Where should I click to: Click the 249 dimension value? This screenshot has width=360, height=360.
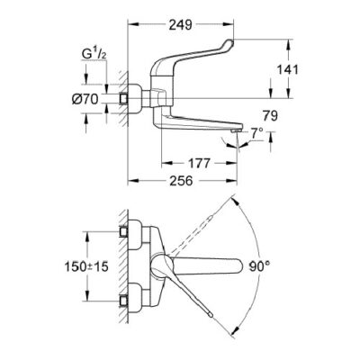[180, 25]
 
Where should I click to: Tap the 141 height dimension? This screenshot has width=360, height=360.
[287, 70]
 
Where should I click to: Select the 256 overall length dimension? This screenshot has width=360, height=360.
[181, 181]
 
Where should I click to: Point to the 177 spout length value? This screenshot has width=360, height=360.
[199, 164]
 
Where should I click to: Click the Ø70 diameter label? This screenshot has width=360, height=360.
[85, 99]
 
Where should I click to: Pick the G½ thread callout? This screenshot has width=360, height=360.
[94, 54]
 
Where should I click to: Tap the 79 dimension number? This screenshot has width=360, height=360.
[270, 116]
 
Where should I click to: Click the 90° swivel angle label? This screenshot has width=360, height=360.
[260, 266]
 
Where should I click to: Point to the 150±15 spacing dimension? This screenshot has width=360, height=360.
[86, 266]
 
